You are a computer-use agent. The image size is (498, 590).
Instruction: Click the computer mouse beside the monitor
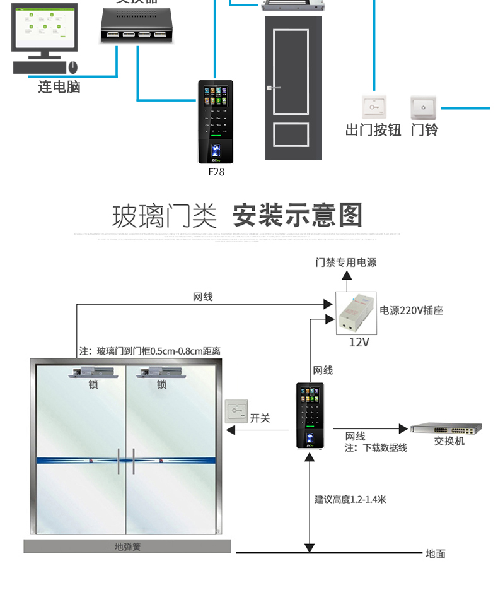[x=73, y=66]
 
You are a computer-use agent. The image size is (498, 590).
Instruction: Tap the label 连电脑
[x=59, y=87]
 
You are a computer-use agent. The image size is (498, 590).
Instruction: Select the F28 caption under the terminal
[x=216, y=171]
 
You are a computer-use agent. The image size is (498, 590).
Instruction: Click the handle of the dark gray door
[x=270, y=88]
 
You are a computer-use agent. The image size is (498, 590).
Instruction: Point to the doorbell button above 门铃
[x=424, y=107]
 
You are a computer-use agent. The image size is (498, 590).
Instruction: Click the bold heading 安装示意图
[x=298, y=215]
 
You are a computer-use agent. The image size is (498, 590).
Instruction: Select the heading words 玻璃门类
[x=164, y=216]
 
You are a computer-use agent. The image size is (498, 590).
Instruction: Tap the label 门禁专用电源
[x=346, y=262]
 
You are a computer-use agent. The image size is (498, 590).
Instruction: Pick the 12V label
[x=359, y=342]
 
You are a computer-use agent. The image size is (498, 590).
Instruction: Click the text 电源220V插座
[x=411, y=310]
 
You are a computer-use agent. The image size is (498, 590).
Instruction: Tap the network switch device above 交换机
[x=446, y=428]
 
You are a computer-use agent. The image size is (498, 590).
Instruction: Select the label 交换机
[x=449, y=441]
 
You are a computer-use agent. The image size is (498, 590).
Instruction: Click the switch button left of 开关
[x=238, y=411]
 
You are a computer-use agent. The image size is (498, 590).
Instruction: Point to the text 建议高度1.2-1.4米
[x=350, y=499]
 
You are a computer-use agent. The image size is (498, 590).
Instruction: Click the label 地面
[x=435, y=553]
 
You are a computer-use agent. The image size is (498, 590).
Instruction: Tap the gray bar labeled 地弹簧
[x=127, y=546]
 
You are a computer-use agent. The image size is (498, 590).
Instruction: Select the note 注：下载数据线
[x=376, y=447]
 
